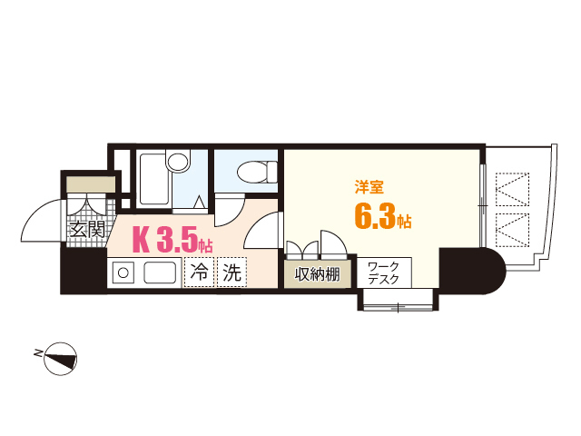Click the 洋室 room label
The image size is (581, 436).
(368, 188)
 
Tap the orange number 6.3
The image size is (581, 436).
(375, 218)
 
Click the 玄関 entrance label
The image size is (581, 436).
(87, 230)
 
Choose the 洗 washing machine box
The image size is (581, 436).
(231, 272)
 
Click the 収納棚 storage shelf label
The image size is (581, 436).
(317, 272)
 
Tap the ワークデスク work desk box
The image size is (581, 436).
(389, 272)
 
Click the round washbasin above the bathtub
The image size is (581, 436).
(178, 163)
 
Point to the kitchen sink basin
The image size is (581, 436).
(161, 272)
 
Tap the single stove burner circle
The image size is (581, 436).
(123, 272)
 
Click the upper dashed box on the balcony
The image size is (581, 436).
(514, 189)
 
